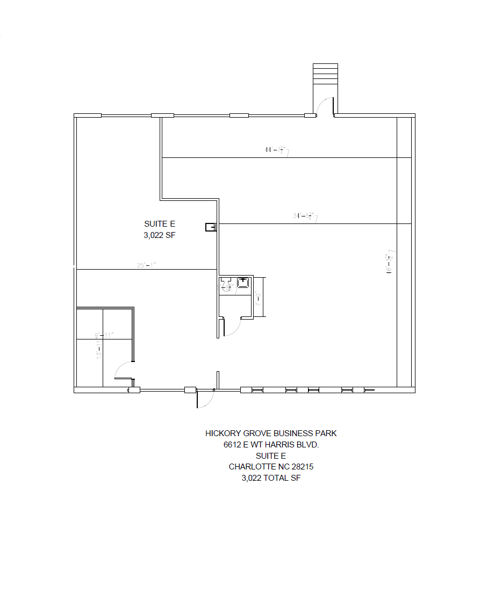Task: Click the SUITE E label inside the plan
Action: [160, 224]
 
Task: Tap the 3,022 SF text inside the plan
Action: [160, 235]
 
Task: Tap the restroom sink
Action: [243, 283]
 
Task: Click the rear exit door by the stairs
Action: [325, 107]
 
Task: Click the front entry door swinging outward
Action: [206, 399]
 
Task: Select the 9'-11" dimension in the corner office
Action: [105, 335]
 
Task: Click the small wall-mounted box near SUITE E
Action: [210, 227]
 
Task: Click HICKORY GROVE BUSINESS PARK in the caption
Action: [271, 433]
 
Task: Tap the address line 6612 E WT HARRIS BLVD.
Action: [271, 445]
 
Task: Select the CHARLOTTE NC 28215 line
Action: [271, 467]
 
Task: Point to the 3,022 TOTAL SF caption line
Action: [271, 478]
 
